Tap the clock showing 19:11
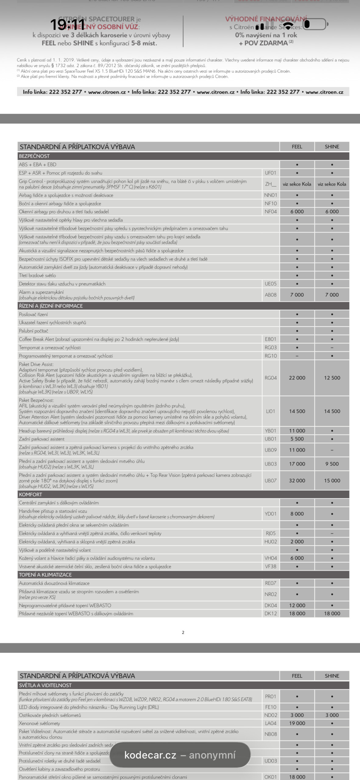(67, 24)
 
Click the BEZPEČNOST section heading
(34, 156)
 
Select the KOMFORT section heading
(30, 494)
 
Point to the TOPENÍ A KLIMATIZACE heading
(45, 575)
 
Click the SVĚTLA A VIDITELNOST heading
(45, 685)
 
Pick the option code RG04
(270, 378)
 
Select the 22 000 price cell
(297, 378)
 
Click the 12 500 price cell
(332, 378)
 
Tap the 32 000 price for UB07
(297, 480)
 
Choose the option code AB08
(270, 295)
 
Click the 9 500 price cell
(332, 464)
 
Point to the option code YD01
(270, 514)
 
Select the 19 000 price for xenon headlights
(297, 723)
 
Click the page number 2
(183, 633)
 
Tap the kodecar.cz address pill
(180, 755)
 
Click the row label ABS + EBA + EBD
(37, 165)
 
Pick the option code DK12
(270, 613)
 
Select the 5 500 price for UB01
(297, 439)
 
